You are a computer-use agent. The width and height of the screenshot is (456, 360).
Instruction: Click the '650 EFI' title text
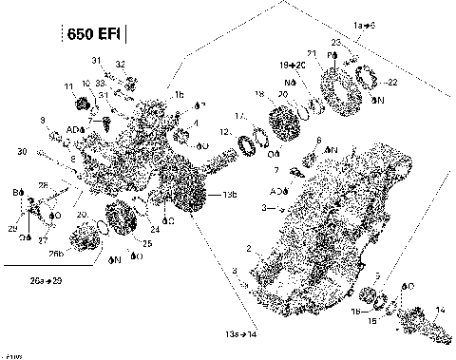coord(96,36)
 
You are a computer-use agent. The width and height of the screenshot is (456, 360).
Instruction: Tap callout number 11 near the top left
coord(68,86)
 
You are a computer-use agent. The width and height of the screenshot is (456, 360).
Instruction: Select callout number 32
coord(121,63)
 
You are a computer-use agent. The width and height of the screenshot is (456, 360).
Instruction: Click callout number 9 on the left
coord(43,119)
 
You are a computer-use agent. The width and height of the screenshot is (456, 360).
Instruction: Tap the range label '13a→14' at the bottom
coord(242,335)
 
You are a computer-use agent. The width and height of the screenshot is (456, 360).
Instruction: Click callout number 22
coord(393,83)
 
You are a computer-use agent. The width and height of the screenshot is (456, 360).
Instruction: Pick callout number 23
coord(335,43)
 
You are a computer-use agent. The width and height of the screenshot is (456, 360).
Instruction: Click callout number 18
coord(258,93)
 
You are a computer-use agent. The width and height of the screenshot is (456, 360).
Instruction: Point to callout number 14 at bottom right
coord(439,310)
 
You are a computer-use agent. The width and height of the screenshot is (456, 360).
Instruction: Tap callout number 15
coord(372,321)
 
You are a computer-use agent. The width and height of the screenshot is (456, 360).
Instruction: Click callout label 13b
coord(229,195)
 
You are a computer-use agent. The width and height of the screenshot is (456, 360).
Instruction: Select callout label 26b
coord(57,253)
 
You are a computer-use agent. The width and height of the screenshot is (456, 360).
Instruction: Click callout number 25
coord(146,244)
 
